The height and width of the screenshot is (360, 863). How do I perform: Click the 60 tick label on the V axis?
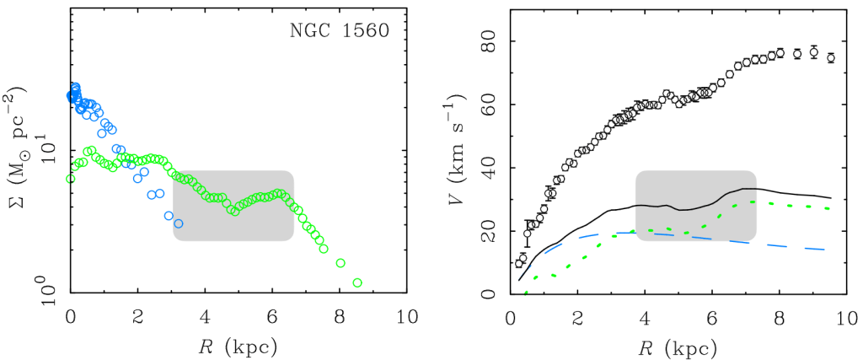[488, 105]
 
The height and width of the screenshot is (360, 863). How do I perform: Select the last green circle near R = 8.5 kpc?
[357, 282]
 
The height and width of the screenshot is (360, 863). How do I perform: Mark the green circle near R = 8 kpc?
[340, 263]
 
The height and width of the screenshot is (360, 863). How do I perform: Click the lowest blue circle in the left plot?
[178, 223]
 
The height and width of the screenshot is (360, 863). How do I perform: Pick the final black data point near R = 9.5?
[830, 58]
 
